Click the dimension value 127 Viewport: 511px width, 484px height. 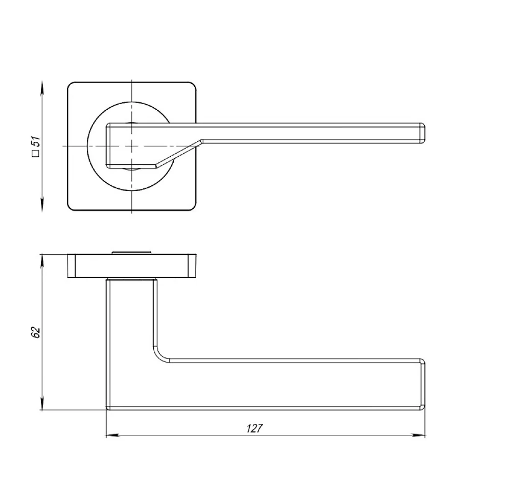click(254, 428)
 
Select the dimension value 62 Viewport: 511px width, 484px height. click(36, 332)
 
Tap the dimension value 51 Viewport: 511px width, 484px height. click(36, 141)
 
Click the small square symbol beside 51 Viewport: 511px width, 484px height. click(36, 153)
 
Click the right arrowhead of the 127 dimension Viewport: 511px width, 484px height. click(419, 435)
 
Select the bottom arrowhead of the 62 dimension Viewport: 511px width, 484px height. click(42, 403)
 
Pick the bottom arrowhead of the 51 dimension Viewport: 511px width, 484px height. click(42, 204)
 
